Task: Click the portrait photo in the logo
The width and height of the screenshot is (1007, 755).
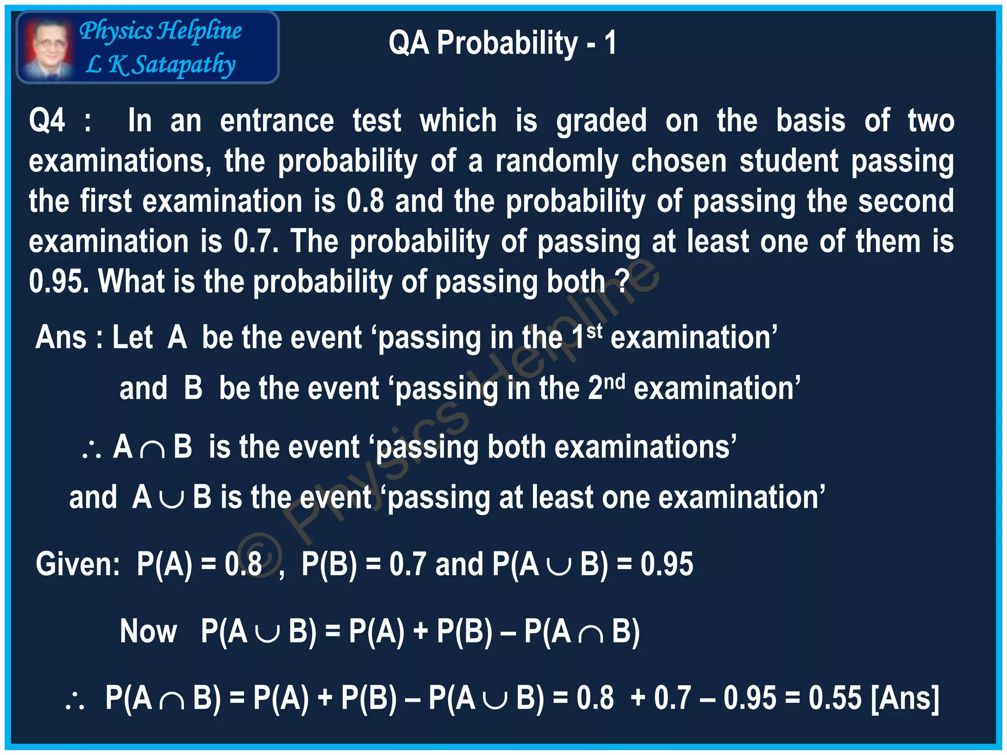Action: (x=48, y=48)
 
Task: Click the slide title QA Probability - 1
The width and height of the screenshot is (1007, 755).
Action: (x=502, y=43)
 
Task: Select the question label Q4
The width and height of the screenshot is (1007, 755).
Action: (x=47, y=121)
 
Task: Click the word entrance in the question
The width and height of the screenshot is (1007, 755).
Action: (x=277, y=121)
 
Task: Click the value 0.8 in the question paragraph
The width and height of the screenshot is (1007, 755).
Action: (x=365, y=202)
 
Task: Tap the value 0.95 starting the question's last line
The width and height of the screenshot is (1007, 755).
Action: (x=59, y=282)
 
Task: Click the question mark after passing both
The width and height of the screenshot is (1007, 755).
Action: (x=622, y=281)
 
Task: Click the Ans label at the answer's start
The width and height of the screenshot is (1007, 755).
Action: (x=60, y=338)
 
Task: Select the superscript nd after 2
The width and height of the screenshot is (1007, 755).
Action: (x=615, y=381)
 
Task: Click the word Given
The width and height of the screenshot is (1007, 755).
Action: (x=77, y=564)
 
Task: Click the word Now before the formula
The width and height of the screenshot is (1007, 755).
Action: (x=148, y=632)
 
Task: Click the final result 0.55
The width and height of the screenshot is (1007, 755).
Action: (x=835, y=698)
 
